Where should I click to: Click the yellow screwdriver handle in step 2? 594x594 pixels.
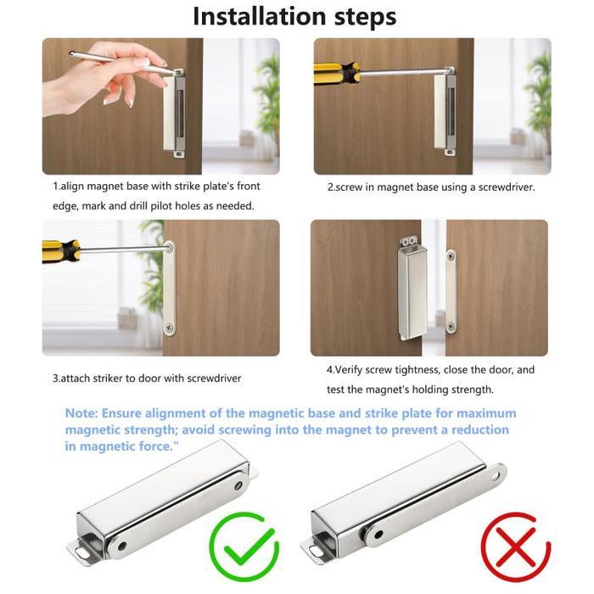click(333, 73)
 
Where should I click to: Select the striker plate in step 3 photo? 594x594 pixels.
click(171, 288)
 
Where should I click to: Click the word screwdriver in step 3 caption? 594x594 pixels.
click(201, 378)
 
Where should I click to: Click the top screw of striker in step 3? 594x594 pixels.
click(171, 249)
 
